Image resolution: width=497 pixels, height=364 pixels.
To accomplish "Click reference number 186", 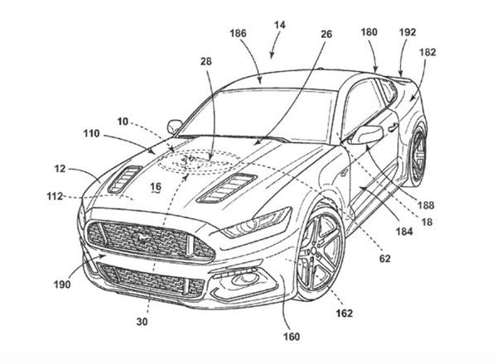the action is tap(238, 33).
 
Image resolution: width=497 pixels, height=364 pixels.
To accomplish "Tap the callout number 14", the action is tap(280, 25).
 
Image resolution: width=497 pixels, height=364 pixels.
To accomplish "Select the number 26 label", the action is tap(326, 34).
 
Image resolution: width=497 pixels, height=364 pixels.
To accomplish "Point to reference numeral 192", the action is tap(408, 32).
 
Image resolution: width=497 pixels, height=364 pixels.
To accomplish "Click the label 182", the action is tap(427, 52).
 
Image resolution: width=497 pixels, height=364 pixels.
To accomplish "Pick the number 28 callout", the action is tap(205, 61).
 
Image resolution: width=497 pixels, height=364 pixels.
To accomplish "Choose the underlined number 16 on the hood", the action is tap(156, 187).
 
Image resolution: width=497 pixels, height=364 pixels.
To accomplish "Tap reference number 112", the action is tap(55, 197).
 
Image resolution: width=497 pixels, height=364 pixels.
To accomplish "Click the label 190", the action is tap(62, 285).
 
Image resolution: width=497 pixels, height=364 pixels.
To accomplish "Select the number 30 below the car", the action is tap(142, 322).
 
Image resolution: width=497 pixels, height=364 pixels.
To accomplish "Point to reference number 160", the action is tap(292, 337).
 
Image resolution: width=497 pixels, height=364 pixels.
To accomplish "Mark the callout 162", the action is tap(345, 314).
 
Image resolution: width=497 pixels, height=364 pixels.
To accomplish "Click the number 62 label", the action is tap(385, 259).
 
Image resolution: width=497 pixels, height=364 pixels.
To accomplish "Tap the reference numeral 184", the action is tap(404, 232).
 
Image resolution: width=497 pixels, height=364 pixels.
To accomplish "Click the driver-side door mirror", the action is tap(367, 134).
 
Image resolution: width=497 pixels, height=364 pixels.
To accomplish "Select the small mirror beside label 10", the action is tap(174, 127).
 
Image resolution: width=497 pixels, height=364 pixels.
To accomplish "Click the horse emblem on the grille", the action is tap(141, 237).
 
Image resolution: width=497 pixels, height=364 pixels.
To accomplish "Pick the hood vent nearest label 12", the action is tap(124, 180).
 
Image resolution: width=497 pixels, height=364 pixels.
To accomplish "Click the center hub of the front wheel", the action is tap(313, 251).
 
